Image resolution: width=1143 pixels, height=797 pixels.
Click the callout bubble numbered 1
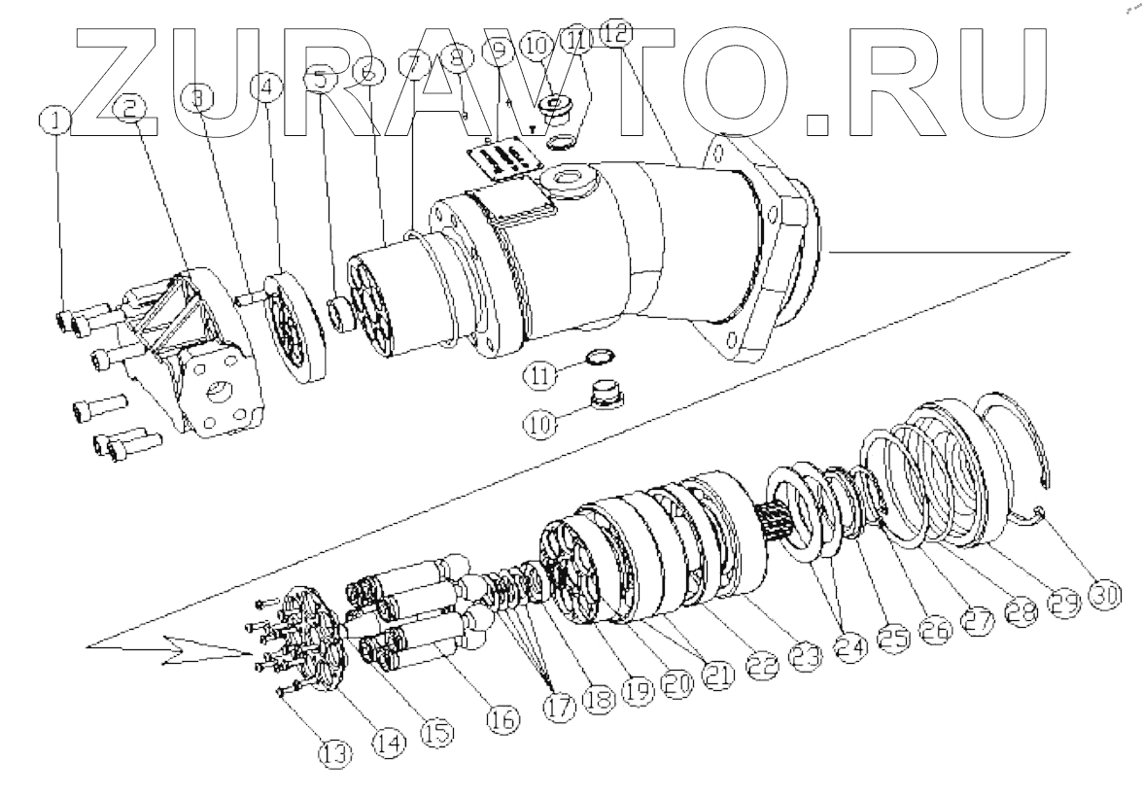(55, 121)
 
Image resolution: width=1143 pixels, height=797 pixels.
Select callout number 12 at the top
(615, 33)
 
